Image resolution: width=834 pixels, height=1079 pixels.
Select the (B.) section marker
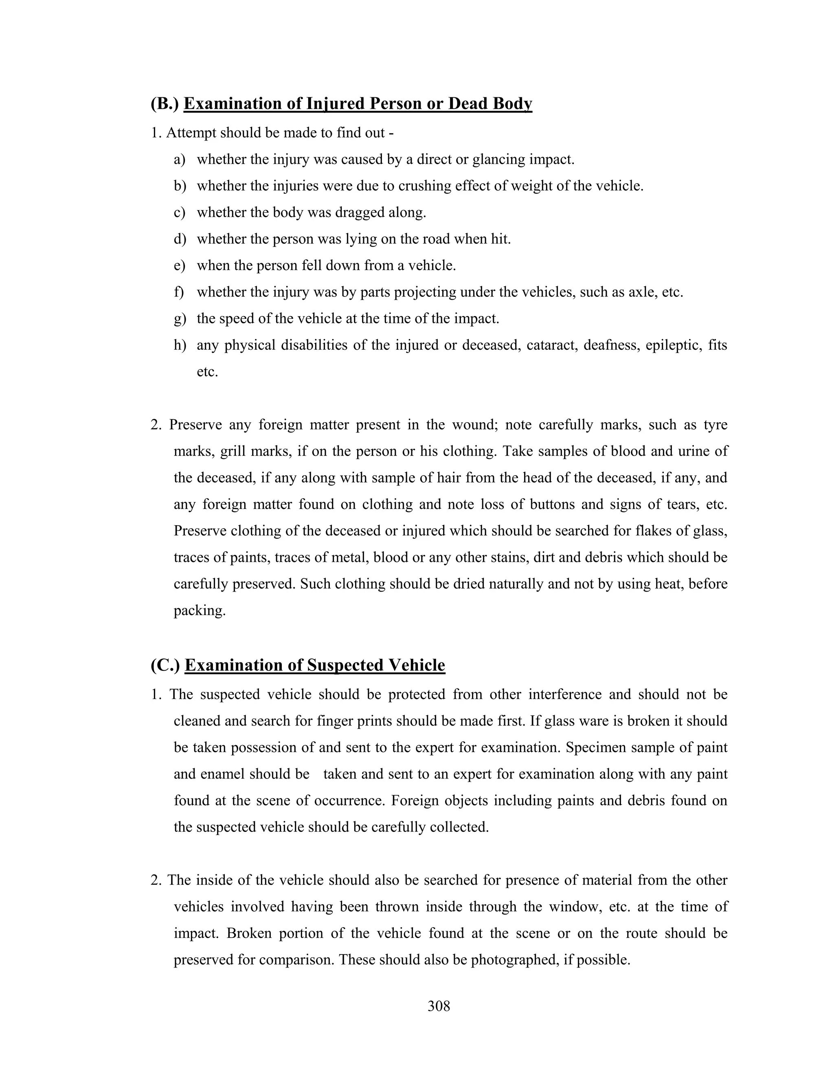(x=165, y=104)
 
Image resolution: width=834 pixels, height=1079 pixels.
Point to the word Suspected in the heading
(x=345, y=665)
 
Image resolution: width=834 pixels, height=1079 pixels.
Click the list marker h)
(x=180, y=345)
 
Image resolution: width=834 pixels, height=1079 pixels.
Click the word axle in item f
(x=641, y=292)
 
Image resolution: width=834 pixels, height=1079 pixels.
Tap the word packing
(x=200, y=611)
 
